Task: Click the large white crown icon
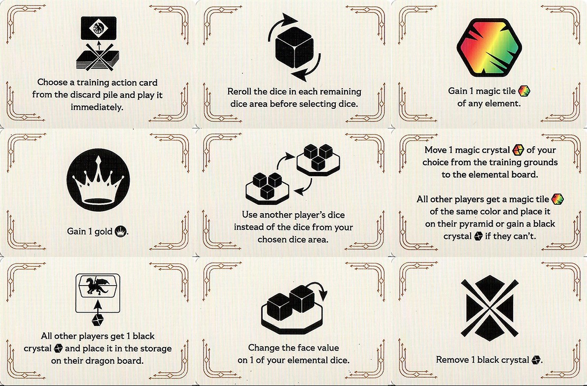point(98,180)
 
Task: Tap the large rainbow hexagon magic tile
point(489,47)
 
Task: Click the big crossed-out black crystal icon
point(489,308)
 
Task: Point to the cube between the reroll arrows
point(294,48)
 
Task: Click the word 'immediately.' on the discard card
point(97,107)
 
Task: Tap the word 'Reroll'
point(239,92)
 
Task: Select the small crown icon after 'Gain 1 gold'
point(120,231)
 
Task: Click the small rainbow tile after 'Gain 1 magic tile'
point(524,91)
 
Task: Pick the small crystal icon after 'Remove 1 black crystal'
point(536,360)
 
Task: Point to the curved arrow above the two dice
point(319,289)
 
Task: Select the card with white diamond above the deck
point(98,28)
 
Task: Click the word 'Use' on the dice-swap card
point(249,215)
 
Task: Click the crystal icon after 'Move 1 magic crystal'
point(518,150)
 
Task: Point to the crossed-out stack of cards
point(98,57)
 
